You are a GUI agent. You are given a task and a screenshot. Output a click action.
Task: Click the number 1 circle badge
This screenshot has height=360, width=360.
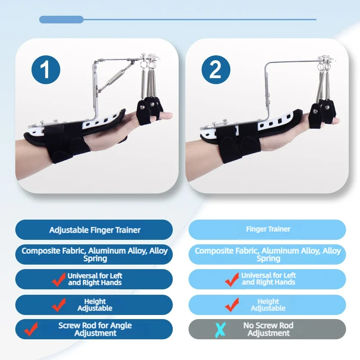pos(46,70)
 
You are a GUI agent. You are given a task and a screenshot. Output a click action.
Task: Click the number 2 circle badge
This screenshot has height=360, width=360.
pos(216,70)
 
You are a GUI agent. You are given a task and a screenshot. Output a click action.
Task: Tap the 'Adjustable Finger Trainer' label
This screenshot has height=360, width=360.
pos(95,230)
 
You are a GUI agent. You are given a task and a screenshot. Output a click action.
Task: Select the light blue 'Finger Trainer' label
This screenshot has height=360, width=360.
pos(268,229)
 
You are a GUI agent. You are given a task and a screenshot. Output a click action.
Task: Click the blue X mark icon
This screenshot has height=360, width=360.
pos(220,330)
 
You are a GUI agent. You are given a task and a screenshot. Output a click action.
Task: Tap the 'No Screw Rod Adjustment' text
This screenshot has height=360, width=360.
pos(268,329)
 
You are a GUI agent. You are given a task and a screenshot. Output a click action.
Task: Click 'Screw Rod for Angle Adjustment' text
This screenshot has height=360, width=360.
pos(95,329)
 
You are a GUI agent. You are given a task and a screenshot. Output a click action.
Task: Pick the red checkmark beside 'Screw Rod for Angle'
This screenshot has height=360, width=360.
pos(31,329)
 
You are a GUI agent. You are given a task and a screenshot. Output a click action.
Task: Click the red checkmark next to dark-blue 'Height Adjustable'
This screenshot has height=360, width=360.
pos(59,305)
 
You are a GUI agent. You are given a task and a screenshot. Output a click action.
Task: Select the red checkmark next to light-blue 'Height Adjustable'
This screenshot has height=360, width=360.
pos(232,305)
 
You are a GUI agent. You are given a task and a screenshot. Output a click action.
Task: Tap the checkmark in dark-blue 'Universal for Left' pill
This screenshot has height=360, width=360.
pos(59,279)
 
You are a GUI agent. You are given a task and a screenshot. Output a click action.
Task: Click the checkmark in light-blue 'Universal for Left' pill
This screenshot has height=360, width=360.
pos(232,279)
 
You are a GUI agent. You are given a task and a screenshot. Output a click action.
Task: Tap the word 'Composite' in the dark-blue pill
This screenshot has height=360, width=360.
pos(41,251)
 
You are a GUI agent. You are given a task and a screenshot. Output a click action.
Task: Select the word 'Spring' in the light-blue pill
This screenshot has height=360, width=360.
pos(268,259)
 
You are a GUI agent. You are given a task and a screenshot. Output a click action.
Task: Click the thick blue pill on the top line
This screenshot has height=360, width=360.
pos(61,19)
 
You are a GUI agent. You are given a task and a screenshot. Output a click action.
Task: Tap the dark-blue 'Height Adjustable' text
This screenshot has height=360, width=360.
pos(95,305)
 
